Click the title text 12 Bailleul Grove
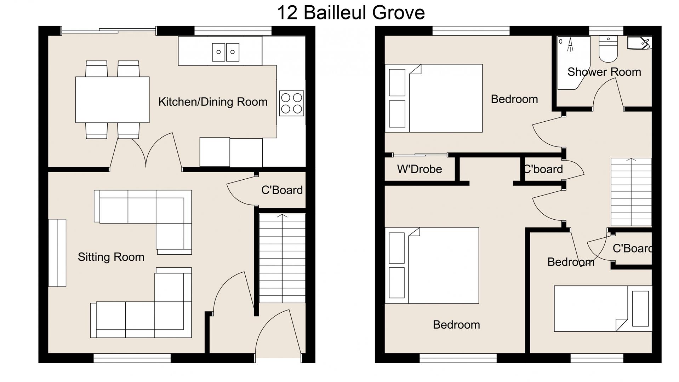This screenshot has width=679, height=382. click(350, 13)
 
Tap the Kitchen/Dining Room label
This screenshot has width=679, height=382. click(213, 102)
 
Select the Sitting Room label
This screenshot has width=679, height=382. click(111, 257)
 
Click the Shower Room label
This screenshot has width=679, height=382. click(604, 72)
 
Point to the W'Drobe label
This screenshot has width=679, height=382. click(419, 169)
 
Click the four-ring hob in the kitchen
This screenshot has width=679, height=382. click(291, 103)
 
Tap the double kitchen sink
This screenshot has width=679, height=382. click(226, 52)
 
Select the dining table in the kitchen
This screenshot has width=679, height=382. click(112, 100)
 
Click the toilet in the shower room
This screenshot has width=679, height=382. click(608, 50)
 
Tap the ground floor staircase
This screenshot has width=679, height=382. click(282, 258)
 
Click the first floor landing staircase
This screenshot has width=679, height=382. click(631, 192)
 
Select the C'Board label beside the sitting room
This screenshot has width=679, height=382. click(282, 190)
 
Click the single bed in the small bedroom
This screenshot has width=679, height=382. click(602, 308)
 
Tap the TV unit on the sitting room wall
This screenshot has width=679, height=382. click(57, 253)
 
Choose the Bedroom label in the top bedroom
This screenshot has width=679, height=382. click(514, 99)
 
